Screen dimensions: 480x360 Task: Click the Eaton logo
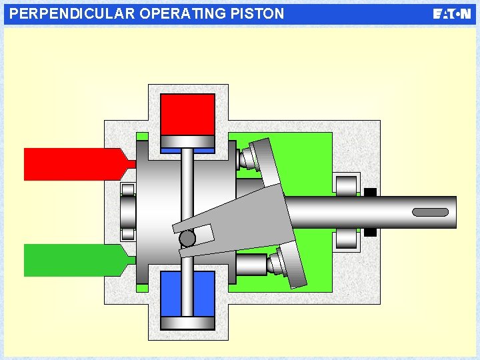pos(451,14)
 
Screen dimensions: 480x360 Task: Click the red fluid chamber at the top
pos(188,113)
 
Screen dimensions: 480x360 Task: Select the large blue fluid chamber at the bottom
pos(188,293)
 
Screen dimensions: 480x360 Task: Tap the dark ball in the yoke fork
pos(187,238)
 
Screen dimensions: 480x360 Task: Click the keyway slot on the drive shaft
pos(430,212)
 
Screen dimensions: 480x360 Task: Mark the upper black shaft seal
pos(371,193)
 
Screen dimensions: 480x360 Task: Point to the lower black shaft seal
pos(371,232)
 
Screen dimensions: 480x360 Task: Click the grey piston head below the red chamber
pos(188,141)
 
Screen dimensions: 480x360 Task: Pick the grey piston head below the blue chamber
pos(188,323)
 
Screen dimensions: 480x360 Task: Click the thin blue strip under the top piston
pos(188,151)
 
